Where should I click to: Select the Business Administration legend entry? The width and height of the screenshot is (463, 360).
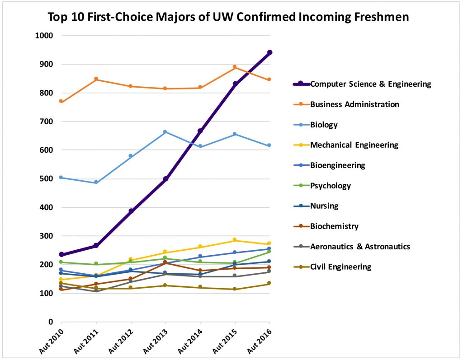point(354,104)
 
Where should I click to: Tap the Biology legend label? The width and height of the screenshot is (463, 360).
point(324,125)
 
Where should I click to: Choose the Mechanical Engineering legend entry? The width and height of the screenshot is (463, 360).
point(354,145)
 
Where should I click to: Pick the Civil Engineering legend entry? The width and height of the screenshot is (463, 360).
point(340,267)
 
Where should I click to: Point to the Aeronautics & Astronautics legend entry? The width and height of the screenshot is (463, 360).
point(360,247)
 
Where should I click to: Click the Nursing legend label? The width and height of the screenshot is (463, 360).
point(324,206)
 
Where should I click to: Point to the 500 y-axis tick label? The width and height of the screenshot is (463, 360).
point(47,179)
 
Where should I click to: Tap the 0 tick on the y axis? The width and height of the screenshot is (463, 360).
point(51,322)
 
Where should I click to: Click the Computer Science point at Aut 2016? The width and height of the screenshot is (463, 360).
point(269,52)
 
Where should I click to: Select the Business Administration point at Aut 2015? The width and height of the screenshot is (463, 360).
point(235,67)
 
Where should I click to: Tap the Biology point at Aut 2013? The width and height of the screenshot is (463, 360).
point(165,132)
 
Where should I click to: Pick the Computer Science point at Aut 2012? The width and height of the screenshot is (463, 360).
point(131,211)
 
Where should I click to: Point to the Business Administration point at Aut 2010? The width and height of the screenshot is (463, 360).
point(61,101)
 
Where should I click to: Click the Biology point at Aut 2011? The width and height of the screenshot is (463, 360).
point(96,182)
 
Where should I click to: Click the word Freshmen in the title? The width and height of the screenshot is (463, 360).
point(380,17)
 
